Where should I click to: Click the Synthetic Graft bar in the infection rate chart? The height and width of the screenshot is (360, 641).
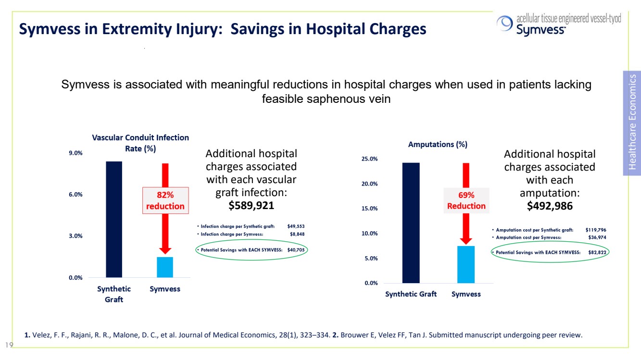pos(114,219)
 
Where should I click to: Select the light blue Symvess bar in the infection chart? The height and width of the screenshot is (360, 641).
pos(165,267)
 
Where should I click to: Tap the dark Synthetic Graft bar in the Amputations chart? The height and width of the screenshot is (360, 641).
pos(411,223)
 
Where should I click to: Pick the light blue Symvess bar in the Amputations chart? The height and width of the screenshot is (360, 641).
pos(466,264)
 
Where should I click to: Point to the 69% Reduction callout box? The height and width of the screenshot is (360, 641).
pos(466,200)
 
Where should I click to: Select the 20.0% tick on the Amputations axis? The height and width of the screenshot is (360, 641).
pos(369,184)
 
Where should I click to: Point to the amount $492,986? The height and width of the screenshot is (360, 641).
pos(550,206)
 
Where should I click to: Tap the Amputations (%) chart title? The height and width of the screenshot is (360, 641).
pos(438,144)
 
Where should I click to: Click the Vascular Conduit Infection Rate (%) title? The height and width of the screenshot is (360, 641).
pos(140,143)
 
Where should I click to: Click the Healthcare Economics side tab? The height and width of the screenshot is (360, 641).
pos(632,123)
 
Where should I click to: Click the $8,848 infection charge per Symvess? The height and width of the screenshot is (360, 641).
pos(297,234)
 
